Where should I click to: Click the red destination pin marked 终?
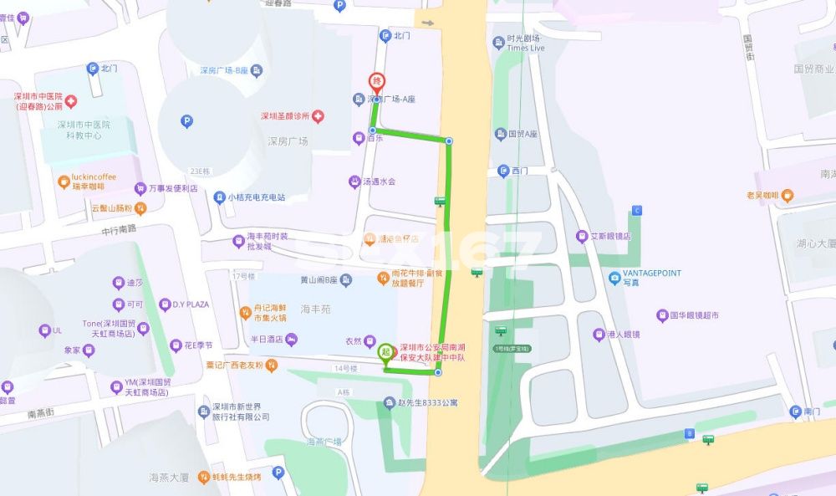pos(377,82)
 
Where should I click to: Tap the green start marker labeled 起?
pos(385,352)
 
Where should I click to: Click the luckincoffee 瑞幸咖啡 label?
pos(94,182)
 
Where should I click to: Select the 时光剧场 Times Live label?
pos(524,43)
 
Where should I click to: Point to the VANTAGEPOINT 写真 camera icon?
pos(614,278)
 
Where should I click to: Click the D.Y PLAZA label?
pos(190,304)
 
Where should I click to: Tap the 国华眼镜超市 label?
pos(687,316)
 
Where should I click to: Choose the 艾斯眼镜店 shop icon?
pos(583,237)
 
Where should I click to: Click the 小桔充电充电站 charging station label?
pos(256,198)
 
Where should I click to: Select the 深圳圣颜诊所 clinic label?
pos(285,116)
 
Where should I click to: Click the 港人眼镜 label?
pos(622,335)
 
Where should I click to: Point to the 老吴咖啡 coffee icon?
pos(788,195)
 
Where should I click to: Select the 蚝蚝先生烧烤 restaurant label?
pos(235,478)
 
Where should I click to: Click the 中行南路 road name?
pos(119,229)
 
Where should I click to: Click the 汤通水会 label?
pos(379,182)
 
